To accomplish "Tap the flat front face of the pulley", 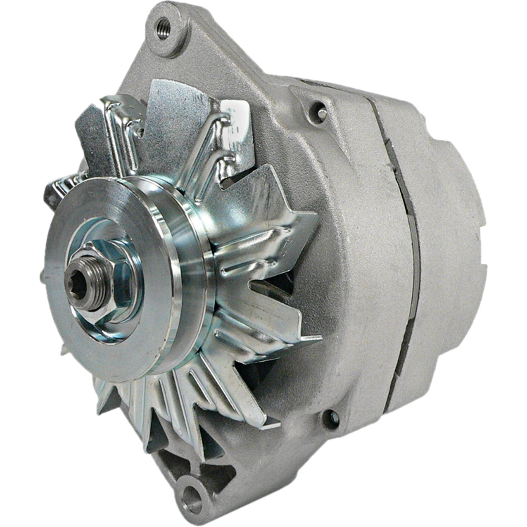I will tap(63, 322).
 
